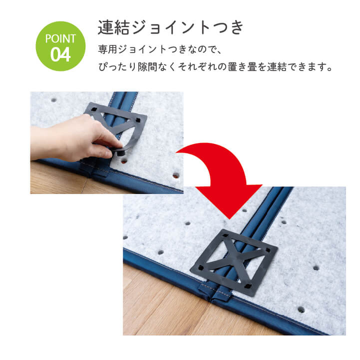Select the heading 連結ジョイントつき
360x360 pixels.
(170, 27)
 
